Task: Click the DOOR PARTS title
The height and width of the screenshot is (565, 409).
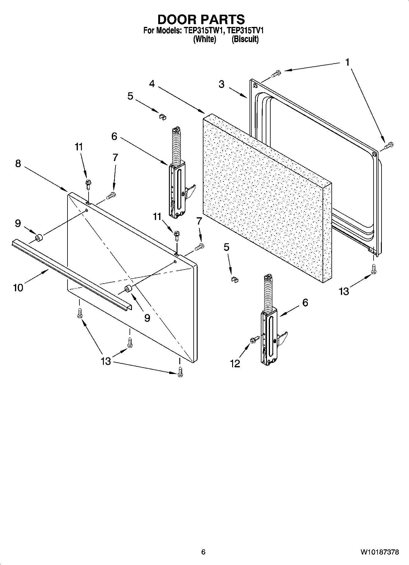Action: [201, 19]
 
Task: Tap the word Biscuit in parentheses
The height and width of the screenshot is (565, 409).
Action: [245, 39]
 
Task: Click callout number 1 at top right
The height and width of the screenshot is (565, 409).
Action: [347, 62]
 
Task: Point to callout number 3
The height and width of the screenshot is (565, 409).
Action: [222, 84]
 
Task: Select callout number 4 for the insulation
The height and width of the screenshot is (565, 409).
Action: [152, 83]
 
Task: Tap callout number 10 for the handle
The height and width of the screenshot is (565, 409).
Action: [18, 288]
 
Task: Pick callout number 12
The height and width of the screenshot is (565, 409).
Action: [235, 363]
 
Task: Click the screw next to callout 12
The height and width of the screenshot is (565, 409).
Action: [254, 339]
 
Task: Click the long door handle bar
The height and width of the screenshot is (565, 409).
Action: [70, 275]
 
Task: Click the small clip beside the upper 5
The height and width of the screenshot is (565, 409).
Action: [162, 116]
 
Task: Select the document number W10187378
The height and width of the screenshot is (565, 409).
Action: [379, 552]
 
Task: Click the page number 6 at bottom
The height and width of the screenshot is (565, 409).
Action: [203, 552]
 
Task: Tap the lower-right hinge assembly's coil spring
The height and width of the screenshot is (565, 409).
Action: [268, 293]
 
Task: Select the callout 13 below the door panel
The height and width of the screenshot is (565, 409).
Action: [106, 361]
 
